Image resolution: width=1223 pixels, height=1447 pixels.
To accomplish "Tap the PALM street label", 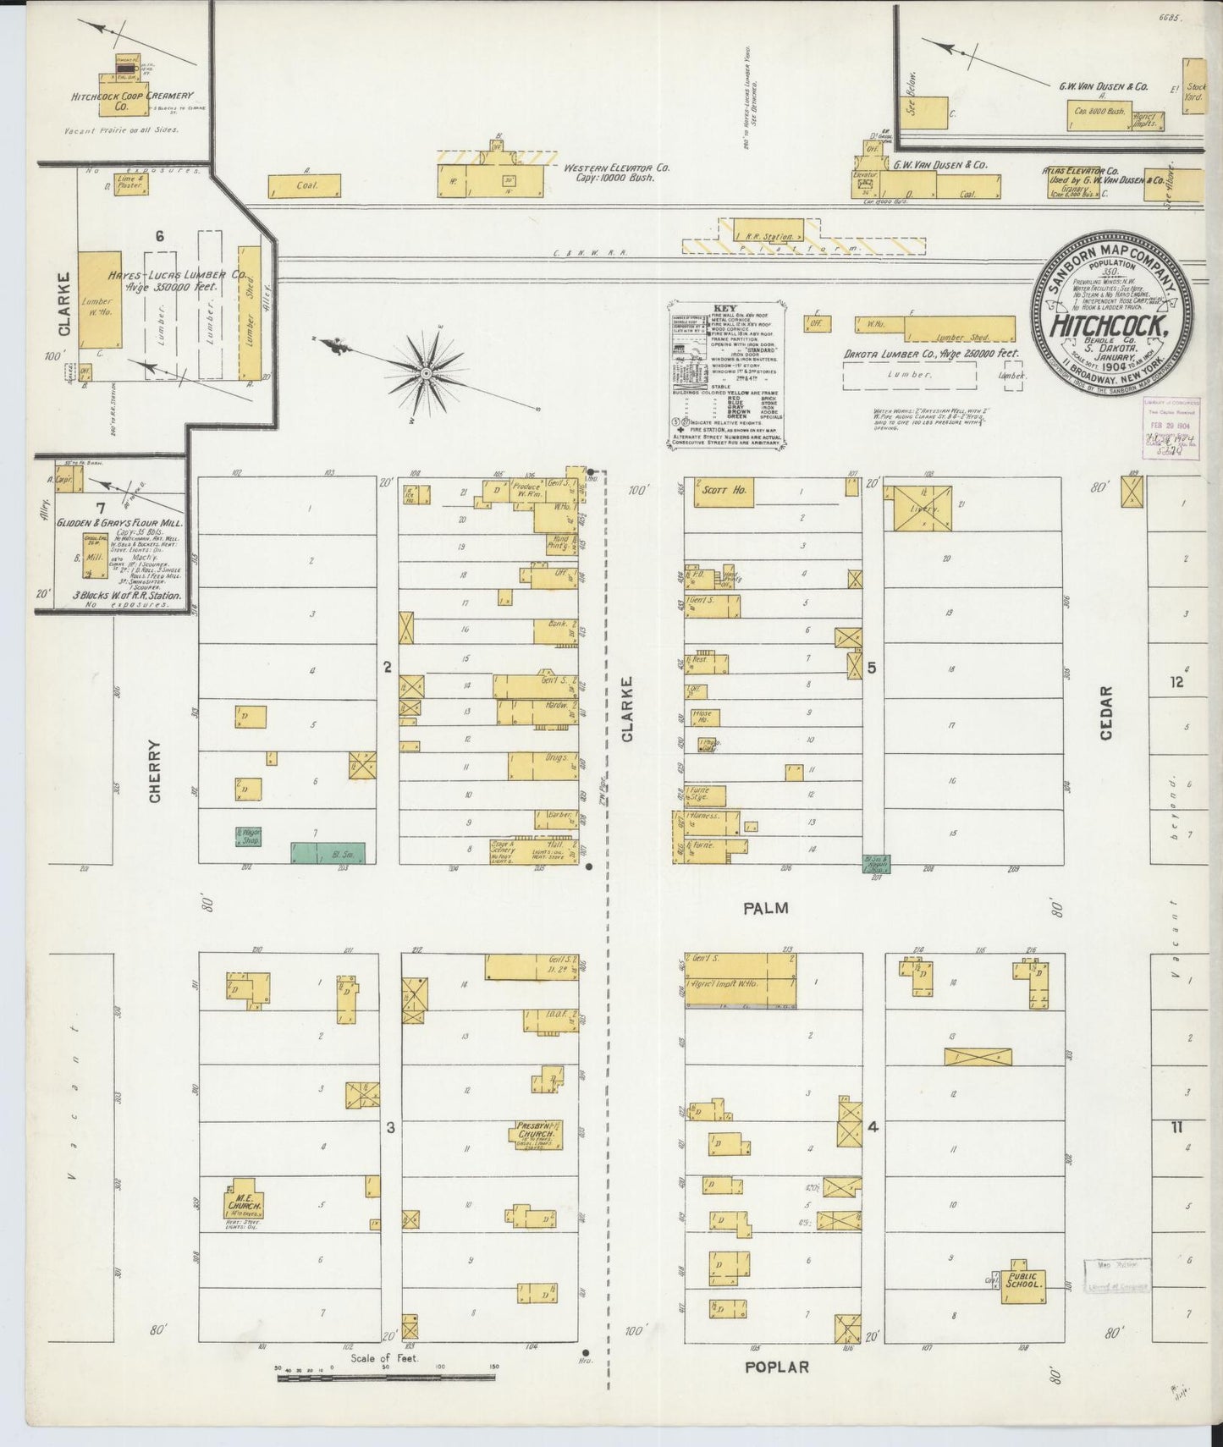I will click(x=766, y=908).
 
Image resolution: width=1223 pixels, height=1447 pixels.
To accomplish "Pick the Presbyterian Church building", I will click(x=537, y=1133).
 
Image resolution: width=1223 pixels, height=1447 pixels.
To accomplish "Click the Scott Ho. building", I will click(x=723, y=492).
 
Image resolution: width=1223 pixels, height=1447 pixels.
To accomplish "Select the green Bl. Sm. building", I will click(x=328, y=853).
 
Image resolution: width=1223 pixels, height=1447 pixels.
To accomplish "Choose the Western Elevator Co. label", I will click(x=617, y=173).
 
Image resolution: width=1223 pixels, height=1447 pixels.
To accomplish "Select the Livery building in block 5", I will click(x=917, y=508).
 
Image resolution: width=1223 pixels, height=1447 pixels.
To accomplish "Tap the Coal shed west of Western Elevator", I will click(x=304, y=185).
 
